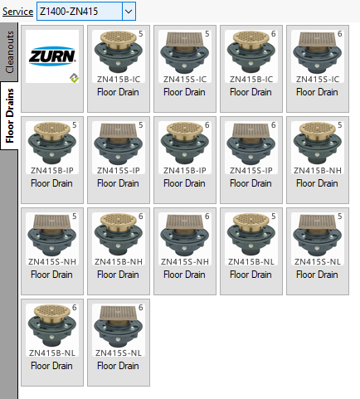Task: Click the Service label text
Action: click(17, 12)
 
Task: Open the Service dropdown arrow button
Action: click(129, 12)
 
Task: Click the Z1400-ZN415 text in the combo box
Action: click(69, 12)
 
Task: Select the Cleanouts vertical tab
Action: click(9, 52)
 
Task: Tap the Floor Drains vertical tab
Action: click(9, 115)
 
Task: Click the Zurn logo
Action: click(52, 56)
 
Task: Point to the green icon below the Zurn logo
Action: click(74, 78)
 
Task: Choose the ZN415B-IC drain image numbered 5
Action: click(119, 52)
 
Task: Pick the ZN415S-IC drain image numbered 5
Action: click(185, 53)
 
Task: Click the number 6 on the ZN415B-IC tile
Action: click(274, 34)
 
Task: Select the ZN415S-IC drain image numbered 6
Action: click(318, 53)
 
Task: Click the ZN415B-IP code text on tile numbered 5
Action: click(52, 171)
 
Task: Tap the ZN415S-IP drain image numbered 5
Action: click(119, 144)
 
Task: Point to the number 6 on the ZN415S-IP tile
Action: click(274, 125)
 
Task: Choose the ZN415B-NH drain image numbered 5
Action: click(318, 144)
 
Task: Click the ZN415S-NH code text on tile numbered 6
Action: click(185, 262)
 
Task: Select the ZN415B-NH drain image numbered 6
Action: click(119, 235)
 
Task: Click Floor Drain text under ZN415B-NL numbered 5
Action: click(251, 275)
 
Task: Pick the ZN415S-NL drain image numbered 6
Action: click(119, 327)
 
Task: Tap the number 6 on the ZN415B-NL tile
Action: click(75, 308)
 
